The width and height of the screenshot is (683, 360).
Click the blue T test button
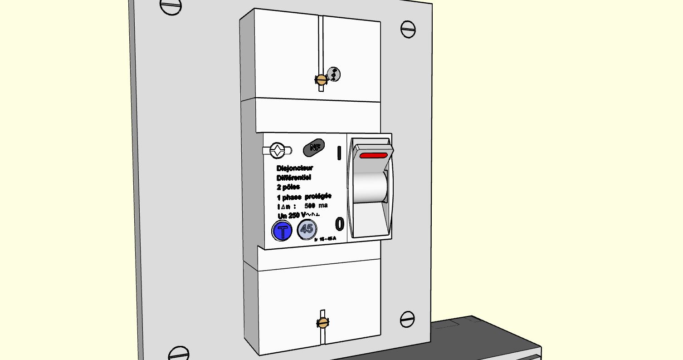point(283,232)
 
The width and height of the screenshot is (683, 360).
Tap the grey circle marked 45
point(307,229)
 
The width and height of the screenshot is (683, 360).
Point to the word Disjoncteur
point(295,168)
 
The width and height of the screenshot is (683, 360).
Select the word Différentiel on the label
point(294,178)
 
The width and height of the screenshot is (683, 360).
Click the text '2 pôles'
point(288,187)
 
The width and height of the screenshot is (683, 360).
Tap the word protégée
point(318,196)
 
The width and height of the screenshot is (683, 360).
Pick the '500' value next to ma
point(310,206)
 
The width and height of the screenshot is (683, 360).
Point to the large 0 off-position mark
point(339,224)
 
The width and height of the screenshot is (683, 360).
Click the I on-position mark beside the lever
point(339,153)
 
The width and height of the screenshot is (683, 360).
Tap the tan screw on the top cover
point(322,80)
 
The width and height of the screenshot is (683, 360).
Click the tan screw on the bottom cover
point(322,323)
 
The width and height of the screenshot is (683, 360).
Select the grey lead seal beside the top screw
point(333,74)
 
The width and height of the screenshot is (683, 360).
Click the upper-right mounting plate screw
point(408,29)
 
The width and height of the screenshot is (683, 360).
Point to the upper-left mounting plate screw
point(171,8)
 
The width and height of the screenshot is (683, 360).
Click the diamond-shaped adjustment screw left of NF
point(277,150)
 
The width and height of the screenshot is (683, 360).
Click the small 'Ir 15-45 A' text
point(325,239)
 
